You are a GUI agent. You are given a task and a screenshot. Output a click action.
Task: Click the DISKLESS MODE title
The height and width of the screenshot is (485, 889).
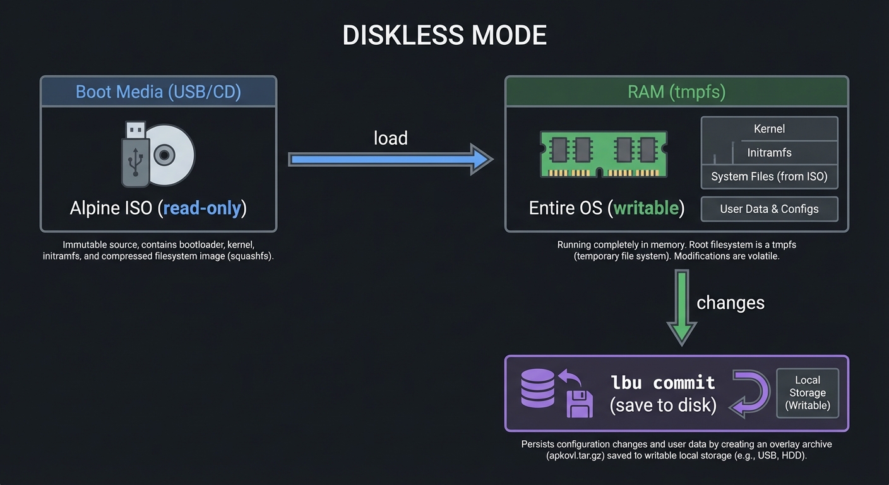pyautogui.click(x=444, y=35)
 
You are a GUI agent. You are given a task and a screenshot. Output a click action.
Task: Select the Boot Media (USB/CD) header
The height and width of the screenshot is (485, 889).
pyautogui.click(x=158, y=92)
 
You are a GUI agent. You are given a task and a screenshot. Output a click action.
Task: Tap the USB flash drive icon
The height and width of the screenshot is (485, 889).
pyautogui.click(x=135, y=155)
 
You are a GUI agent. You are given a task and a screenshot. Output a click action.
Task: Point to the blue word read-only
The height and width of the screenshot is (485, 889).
pyautogui.click(x=202, y=208)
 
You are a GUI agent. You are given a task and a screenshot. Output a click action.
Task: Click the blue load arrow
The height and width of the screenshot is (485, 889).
pyautogui.click(x=390, y=159)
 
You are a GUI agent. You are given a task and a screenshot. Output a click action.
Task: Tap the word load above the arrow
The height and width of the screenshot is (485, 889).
pyautogui.click(x=390, y=138)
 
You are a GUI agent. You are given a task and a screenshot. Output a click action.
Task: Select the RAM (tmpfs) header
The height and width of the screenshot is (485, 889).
pyautogui.click(x=676, y=92)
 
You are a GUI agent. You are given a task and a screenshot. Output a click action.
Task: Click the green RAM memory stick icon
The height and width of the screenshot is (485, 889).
pyautogui.click(x=603, y=154)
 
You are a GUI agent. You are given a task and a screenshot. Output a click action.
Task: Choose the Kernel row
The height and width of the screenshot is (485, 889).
pyautogui.click(x=769, y=129)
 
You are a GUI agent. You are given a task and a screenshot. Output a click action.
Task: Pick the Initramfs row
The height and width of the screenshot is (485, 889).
pyautogui.click(x=769, y=153)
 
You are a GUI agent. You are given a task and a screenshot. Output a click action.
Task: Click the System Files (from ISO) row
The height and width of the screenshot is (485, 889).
pyautogui.click(x=769, y=177)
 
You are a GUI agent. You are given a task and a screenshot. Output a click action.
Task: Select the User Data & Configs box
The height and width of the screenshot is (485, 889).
pyautogui.click(x=769, y=209)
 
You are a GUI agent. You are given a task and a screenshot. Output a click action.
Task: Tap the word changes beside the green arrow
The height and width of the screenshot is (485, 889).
pyautogui.click(x=730, y=302)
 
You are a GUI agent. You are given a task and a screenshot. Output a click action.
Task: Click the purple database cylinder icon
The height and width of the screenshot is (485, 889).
pyautogui.click(x=537, y=388)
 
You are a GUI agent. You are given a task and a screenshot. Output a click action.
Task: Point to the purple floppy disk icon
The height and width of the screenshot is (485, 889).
pyautogui.click(x=579, y=404)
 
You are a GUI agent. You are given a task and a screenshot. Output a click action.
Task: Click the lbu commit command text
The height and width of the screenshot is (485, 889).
pyautogui.click(x=663, y=383)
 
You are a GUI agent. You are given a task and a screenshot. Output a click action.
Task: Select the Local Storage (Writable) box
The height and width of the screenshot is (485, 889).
pyautogui.click(x=807, y=393)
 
